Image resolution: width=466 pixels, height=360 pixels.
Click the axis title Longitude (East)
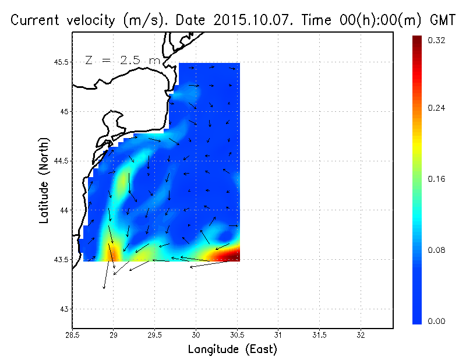click(x=232, y=349)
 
